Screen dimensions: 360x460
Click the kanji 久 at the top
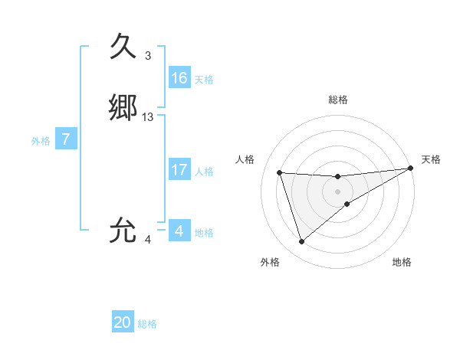tap(123, 47)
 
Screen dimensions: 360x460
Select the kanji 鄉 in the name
tap(123, 108)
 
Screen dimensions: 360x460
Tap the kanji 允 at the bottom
tap(123, 231)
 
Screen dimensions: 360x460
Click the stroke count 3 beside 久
tap(148, 56)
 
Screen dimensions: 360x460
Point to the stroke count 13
tap(148, 117)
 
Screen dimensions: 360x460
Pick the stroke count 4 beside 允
tap(148, 240)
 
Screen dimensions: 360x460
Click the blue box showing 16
tap(179, 78)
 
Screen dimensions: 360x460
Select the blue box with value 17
tap(179, 170)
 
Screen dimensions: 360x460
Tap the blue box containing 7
tap(67, 139)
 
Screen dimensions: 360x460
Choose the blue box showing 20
tap(123, 322)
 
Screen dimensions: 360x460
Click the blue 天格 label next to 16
tap(204, 80)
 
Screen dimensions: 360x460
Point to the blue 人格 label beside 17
tap(204, 172)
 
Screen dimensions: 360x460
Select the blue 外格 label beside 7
tap(41, 141)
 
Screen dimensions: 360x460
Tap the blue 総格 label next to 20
tap(147, 324)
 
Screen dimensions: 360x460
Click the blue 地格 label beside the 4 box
tap(204, 233)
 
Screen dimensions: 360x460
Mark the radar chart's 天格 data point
tap(411, 169)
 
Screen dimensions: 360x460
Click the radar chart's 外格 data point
tap(301, 242)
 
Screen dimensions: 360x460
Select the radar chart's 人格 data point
tap(280, 172)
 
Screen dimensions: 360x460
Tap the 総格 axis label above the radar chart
tap(338, 100)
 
